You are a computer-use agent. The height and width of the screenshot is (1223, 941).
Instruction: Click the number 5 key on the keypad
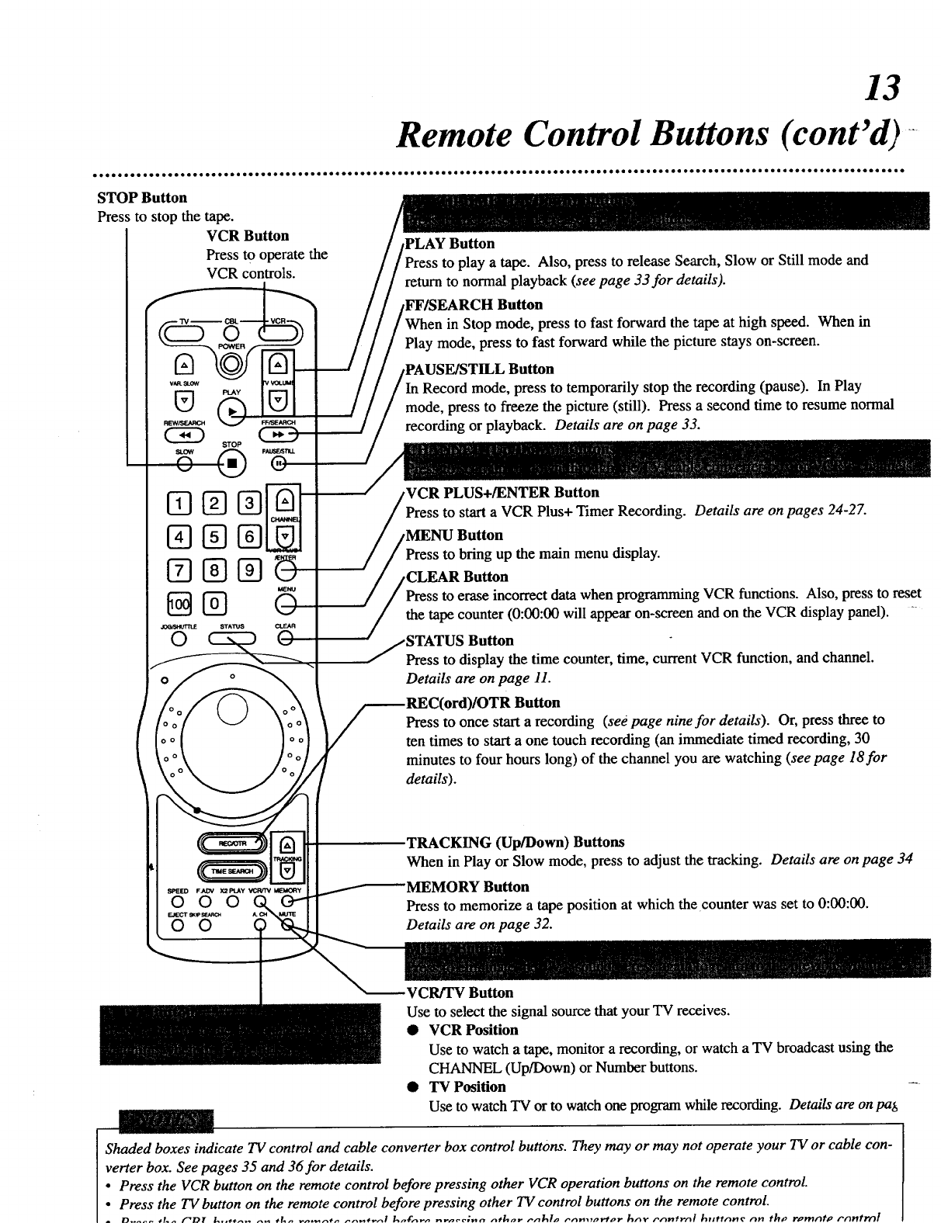coord(211,536)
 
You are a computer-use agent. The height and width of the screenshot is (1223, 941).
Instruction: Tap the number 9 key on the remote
coord(248,571)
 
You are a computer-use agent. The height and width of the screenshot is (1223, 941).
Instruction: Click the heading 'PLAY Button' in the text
coord(450,244)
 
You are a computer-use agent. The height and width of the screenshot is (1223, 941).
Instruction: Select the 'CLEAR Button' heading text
coord(457,577)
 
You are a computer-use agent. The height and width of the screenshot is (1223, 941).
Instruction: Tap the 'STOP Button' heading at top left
coord(142,198)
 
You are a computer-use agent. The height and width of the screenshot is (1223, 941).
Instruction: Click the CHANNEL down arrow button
coord(285,537)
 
